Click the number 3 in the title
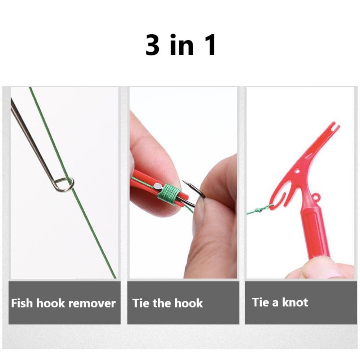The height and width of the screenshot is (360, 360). [x=152, y=45]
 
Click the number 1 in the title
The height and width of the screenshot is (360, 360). [x=209, y=45]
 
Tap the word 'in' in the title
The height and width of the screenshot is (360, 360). [x=181, y=45]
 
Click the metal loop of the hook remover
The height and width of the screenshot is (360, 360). [x=64, y=185]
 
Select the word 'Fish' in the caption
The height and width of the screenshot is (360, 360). [x=22, y=303]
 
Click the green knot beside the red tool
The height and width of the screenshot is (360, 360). [x=260, y=210]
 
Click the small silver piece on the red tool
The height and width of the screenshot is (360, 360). [x=158, y=185]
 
